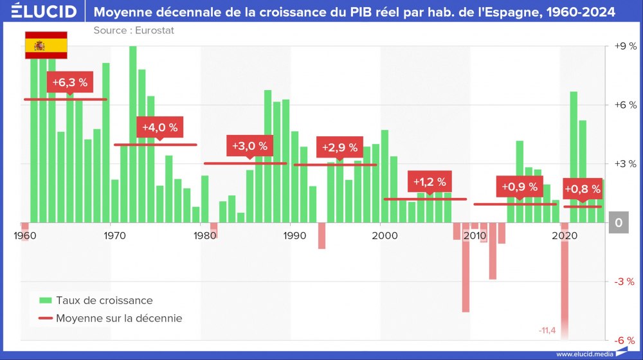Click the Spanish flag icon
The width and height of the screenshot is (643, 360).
tap(46, 44)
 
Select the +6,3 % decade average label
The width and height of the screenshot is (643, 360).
tap(69, 82)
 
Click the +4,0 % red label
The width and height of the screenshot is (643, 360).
tap(159, 127)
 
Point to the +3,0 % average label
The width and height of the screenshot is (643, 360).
tap(249, 146)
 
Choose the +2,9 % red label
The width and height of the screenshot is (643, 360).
tap(340, 147)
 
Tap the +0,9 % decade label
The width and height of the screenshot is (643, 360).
tap(519, 187)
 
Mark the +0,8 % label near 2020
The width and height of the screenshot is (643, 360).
tap(583, 189)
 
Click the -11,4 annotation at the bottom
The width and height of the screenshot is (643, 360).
tap(547, 330)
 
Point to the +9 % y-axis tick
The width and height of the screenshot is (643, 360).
tap(624, 46)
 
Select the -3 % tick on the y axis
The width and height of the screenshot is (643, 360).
tap(624, 282)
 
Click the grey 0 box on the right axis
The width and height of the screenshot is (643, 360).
tap(618, 222)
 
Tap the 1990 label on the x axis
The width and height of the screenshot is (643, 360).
tap(294, 235)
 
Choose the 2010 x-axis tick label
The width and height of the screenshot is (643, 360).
tap(476, 235)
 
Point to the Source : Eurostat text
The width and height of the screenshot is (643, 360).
tap(134, 30)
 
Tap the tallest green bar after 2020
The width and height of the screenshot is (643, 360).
tap(574, 157)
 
